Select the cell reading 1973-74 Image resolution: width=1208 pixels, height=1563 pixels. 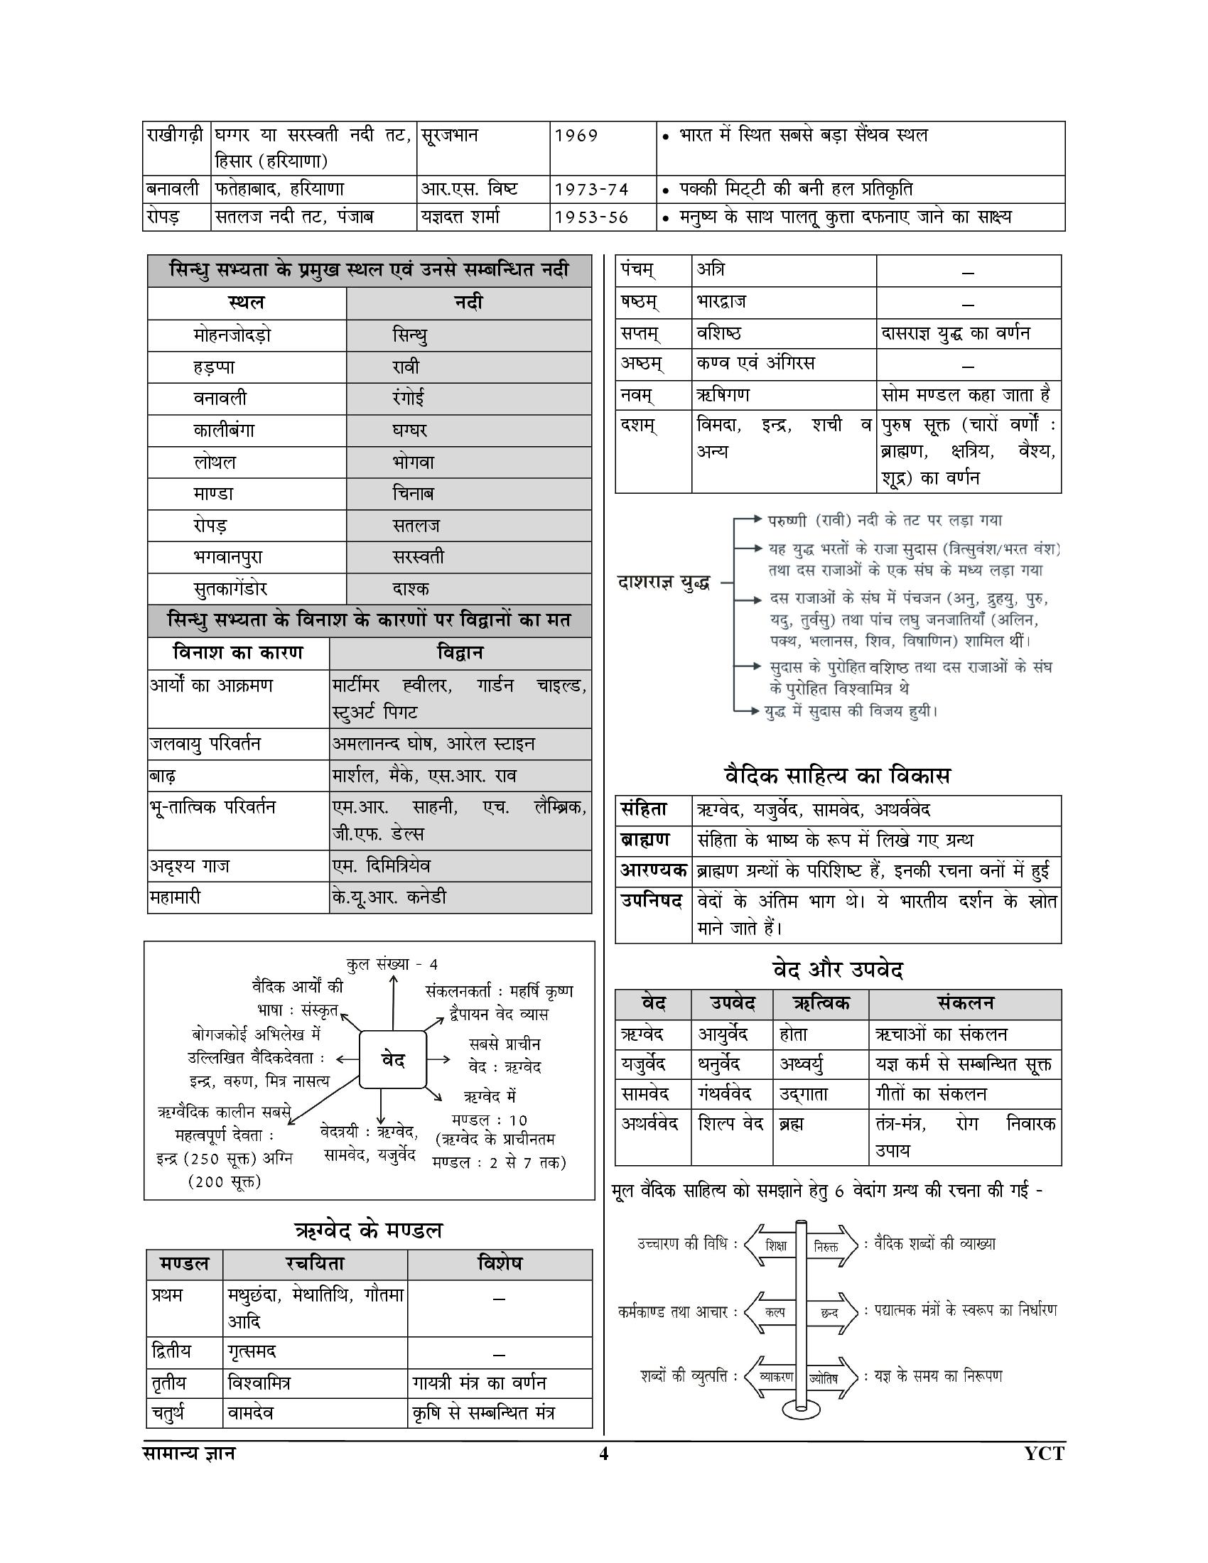591,190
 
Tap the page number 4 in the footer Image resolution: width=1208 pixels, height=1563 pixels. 603,1454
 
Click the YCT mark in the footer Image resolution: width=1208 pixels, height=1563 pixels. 1044,1454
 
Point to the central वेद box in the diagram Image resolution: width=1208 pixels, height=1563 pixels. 393,1060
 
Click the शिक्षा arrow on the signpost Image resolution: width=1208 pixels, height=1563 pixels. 775,1246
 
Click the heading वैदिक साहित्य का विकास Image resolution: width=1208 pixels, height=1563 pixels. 837,776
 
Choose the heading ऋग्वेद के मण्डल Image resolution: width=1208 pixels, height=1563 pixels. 369,1231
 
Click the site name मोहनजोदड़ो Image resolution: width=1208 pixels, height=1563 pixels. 232,335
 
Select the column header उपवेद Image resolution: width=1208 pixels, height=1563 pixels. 731,1004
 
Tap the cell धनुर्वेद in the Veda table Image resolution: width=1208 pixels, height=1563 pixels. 723,1064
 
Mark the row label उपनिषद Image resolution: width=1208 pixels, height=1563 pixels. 652,901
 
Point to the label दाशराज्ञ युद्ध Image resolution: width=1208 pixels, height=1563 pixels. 664,583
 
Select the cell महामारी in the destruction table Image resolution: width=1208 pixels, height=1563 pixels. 175,897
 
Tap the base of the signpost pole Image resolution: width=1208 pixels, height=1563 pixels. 801,1409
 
